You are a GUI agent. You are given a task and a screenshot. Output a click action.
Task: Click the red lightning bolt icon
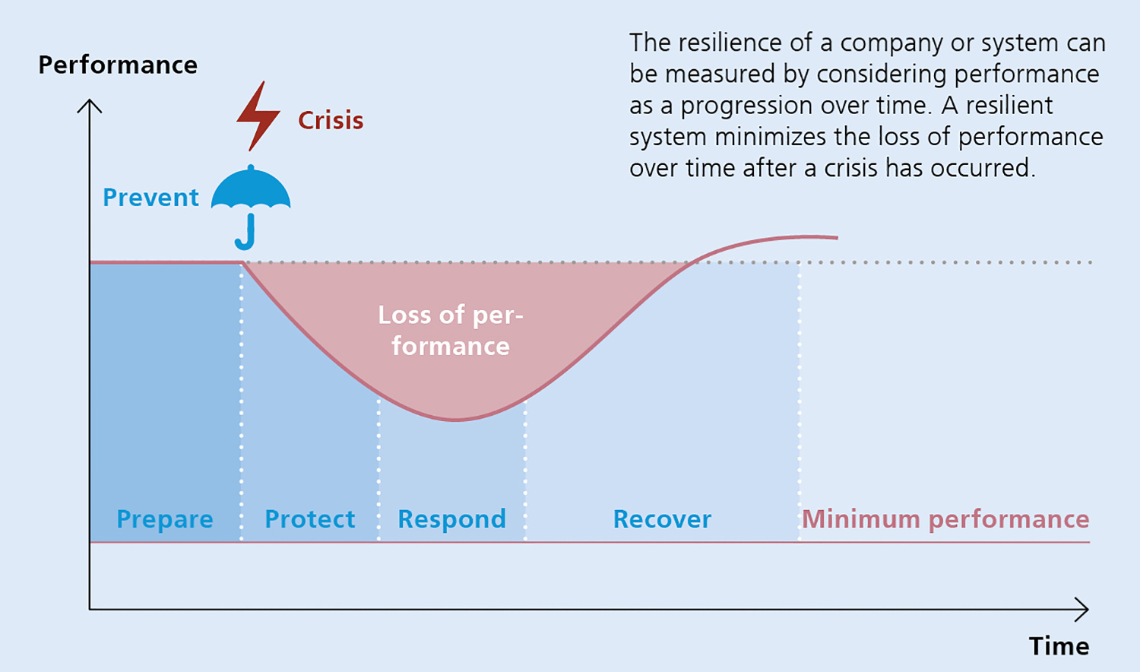pyautogui.click(x=258, y=116)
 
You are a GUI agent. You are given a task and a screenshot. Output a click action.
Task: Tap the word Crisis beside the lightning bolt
pyautogui.click(x=331, y=121)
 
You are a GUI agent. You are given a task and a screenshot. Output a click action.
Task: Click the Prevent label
pyautogui.click(x=150, y=198)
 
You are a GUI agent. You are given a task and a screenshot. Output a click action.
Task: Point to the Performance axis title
pyautogui.click(x=118, y=65)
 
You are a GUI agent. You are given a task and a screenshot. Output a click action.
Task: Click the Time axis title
pyautogui.click(x=1059, y=646)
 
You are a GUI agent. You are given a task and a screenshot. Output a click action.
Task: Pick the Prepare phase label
pyautogui.click(x=165, y=520)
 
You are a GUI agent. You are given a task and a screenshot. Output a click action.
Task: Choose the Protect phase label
pyautogui.click(x=310, y=519)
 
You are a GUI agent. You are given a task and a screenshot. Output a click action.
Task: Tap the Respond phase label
pyautogui.click(x=452, y=520)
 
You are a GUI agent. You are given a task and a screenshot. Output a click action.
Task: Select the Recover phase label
pyautogui.click(x=662, y=519)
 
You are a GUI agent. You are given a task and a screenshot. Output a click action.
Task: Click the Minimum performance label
pyautogui.click(x=945, y=520)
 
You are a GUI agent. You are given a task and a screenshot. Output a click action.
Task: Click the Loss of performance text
pyautogui.click(x=451, y=331)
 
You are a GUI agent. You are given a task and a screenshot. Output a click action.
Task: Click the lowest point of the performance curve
pyautogui.click(x=454, y=420)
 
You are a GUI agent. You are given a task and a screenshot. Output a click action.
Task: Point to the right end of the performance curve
pyautogui.click(x=838, y=237)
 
